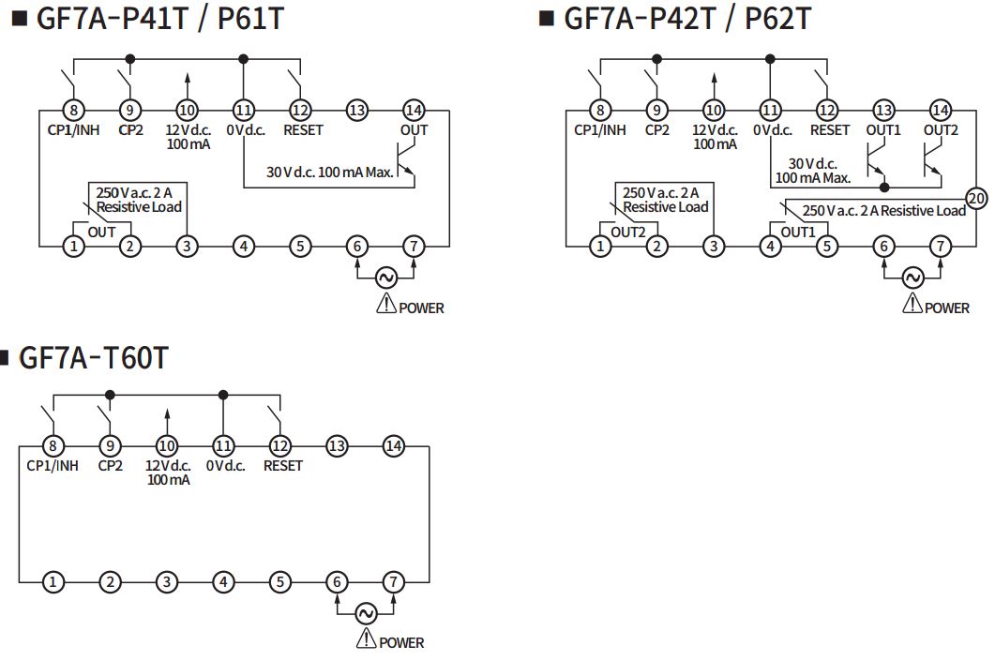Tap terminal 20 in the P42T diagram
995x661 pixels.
(x=975, y=199)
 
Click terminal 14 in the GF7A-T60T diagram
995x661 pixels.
(x=394, y=446)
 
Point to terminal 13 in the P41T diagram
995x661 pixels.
(x=357, y=111)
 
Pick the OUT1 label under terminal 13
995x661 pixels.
(x=883, y=130)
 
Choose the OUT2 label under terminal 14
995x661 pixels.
(x=941, y=130)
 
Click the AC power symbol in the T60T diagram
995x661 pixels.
(x=366, y=613)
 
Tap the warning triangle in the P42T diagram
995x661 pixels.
(x=912, y=304)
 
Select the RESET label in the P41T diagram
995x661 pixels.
(x=303, y=130)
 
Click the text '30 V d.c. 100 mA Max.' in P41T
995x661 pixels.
(x=330, y=172)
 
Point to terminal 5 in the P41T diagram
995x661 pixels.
(x=300, y=247)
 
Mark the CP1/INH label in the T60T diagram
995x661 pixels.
(x=53, y=466)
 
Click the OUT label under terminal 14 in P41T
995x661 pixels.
(x=414, y=130)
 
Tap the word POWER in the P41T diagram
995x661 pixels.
(x=421, y=308)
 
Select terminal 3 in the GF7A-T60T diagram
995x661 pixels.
(x=166, y=581)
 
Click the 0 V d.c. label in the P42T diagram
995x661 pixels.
(x=772, y=130)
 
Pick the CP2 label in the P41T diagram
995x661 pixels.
(x=130, y=130)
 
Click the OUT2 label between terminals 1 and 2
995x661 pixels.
(x=627, y=233)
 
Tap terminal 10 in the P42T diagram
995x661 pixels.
(x=714, y=111)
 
